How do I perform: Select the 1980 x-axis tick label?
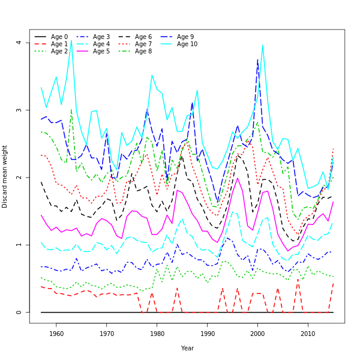(x=157, y=334)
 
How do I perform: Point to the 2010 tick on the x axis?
(x=308, y=334)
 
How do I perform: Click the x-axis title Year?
(x=187, y=348)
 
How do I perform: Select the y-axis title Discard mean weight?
(x=5, y=176)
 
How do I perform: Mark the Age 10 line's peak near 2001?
(x=262, y=45)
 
